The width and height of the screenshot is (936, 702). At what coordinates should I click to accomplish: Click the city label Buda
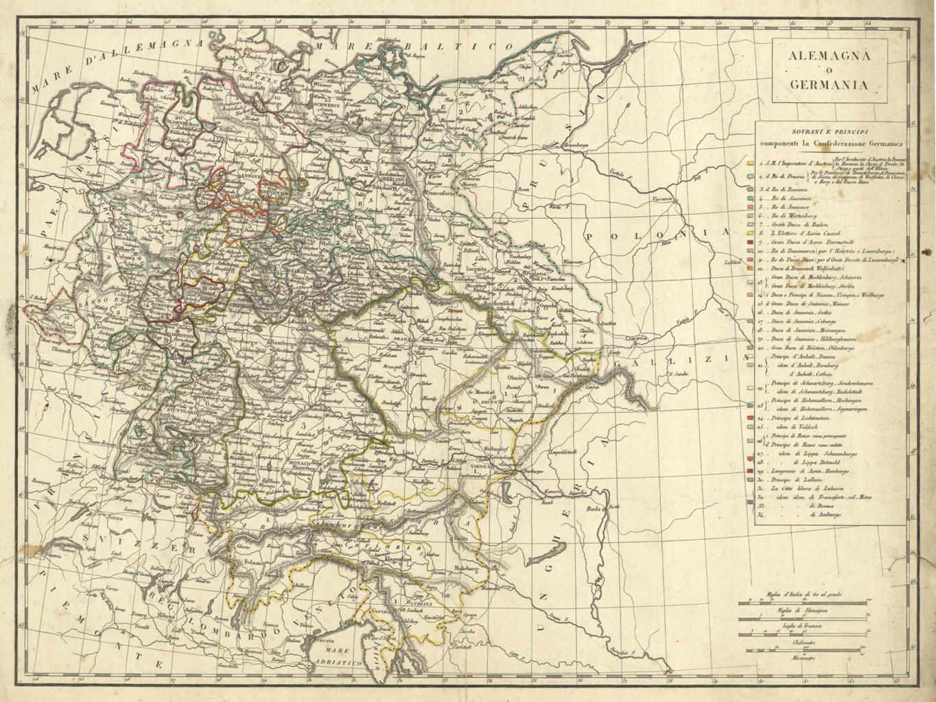click(592, 509)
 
